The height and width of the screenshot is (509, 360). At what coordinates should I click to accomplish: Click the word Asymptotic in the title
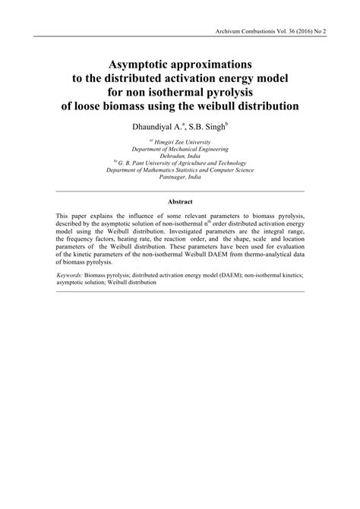pos(134,57)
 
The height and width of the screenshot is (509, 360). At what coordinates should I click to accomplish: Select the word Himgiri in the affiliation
pos(163,141)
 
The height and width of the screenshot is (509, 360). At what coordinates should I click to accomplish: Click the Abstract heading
pos(180,202)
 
